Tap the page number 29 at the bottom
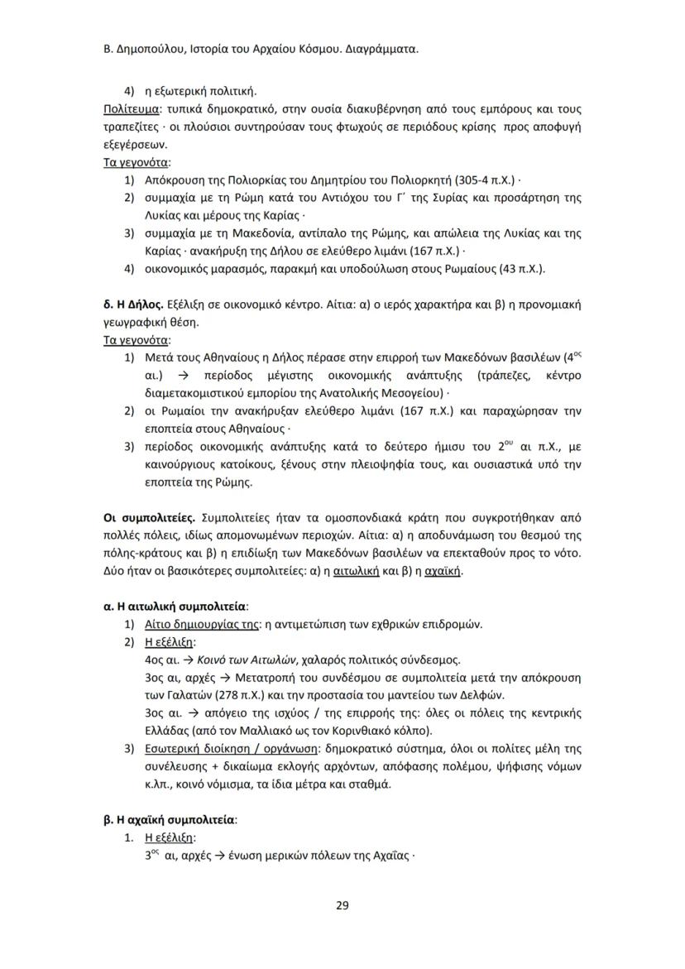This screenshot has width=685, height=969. click(342, 904)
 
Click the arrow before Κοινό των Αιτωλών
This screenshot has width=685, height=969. click(187, 660)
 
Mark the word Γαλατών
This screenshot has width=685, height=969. click(181, 695)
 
